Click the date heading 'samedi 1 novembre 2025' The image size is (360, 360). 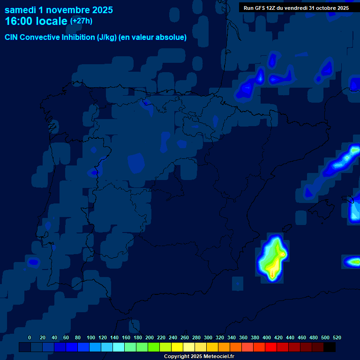(59, 10)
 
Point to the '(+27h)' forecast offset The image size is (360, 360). (81, 21)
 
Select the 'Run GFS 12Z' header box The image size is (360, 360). (296, 7)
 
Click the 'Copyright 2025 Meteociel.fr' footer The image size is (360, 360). (199, 357)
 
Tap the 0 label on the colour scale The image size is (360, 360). (30, 337)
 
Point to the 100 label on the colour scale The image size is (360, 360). (91, 337)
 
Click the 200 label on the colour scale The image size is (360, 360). (150, 337)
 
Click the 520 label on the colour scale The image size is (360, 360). (337, 337)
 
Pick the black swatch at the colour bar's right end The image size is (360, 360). (330, 347)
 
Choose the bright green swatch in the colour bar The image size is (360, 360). (154, 347)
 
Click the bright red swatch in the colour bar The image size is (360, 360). (271, 347)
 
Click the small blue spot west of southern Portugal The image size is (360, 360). (33, 262)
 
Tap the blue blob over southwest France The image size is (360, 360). (245, 89)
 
